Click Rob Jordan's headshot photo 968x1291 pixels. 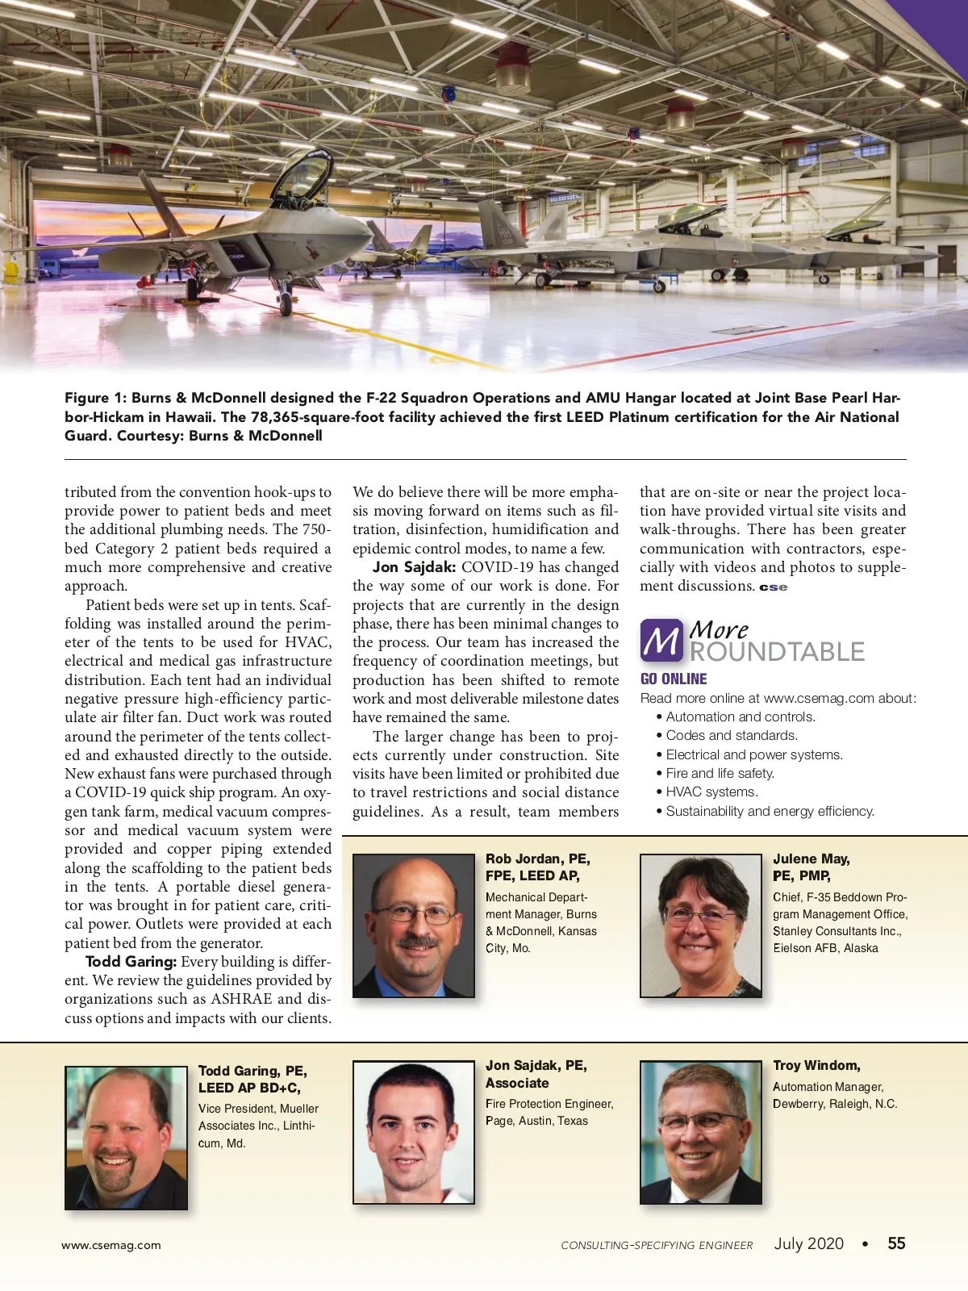[414, 925]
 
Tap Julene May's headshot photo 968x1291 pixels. [701, 925]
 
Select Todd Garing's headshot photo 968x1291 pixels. [126, 1138]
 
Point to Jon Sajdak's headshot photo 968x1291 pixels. [414, 1132]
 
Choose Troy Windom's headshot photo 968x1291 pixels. [701, 1132]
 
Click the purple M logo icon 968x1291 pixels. [661, 641]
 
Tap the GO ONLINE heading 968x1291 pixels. [674, 679]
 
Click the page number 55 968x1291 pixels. [896, 1243]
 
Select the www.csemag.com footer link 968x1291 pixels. [111, 1245]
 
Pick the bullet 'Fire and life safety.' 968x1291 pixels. [720, 773]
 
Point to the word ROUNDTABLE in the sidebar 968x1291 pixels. [777, 652]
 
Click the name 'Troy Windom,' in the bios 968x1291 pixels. [816, 1066]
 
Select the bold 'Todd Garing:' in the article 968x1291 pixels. [131, 962]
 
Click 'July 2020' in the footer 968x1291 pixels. [808, 1243]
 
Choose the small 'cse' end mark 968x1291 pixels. [773, 587]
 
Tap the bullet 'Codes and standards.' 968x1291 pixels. [732, 736]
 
